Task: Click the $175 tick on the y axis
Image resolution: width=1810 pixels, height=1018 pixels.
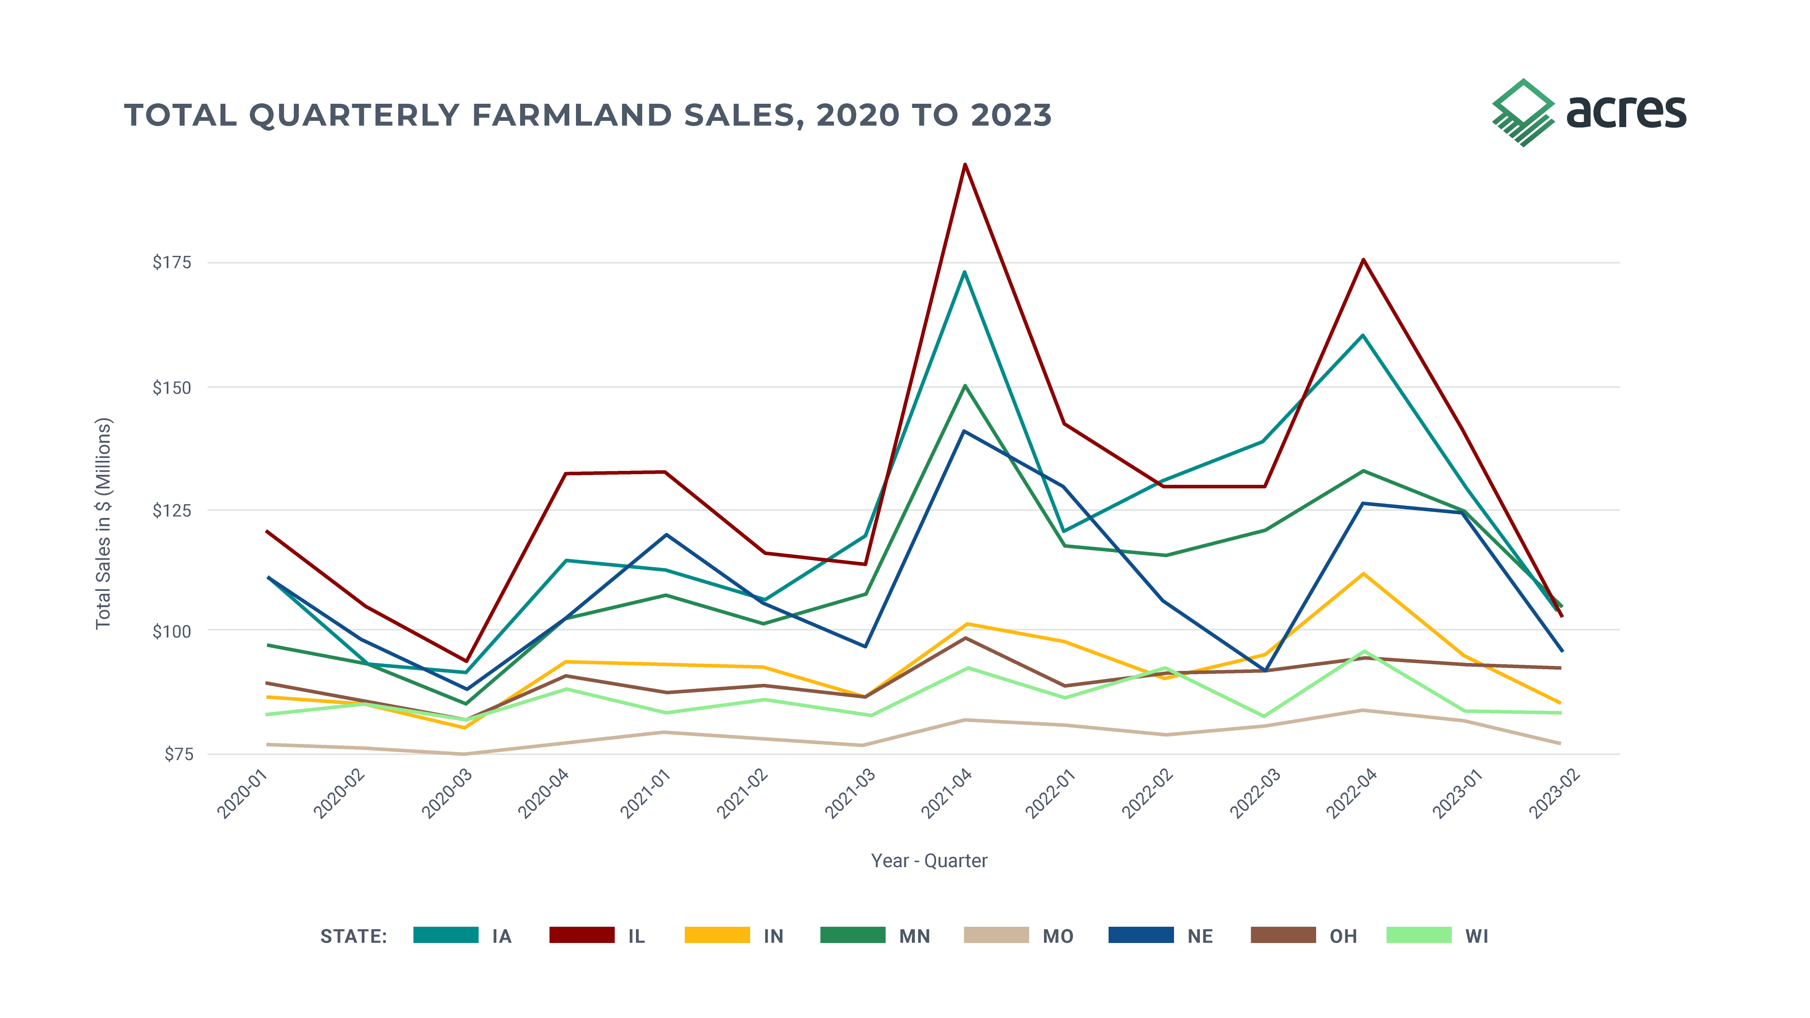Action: pos(172,263)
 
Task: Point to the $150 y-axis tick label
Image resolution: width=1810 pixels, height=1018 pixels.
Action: pos(172,387)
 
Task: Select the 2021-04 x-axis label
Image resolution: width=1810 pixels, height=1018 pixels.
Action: pos(947,794)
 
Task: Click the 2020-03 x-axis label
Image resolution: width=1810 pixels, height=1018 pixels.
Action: pos(447,794)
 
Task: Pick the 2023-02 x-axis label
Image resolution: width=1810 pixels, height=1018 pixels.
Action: pos(1554,794)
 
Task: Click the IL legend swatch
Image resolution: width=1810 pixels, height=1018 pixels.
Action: pos(582,935)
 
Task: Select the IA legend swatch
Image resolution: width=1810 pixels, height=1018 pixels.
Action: pos(446,935)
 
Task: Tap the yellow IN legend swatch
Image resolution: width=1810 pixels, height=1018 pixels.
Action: pos(717,935)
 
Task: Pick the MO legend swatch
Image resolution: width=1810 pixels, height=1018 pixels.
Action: pos(996,935)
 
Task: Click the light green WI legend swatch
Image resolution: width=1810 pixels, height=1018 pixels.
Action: pos(1419,935)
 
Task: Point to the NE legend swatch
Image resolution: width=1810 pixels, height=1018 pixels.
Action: pos(1141,935)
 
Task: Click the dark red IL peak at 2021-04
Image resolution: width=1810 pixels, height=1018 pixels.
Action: pos(965,165)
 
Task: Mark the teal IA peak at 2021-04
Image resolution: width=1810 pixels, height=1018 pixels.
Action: pos(965,271)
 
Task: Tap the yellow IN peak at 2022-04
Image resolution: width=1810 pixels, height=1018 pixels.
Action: pos(1364,574)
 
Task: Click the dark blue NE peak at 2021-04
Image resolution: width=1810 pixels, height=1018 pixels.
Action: pos(965,431)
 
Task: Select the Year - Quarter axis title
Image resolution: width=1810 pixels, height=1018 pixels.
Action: pos(929,860)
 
